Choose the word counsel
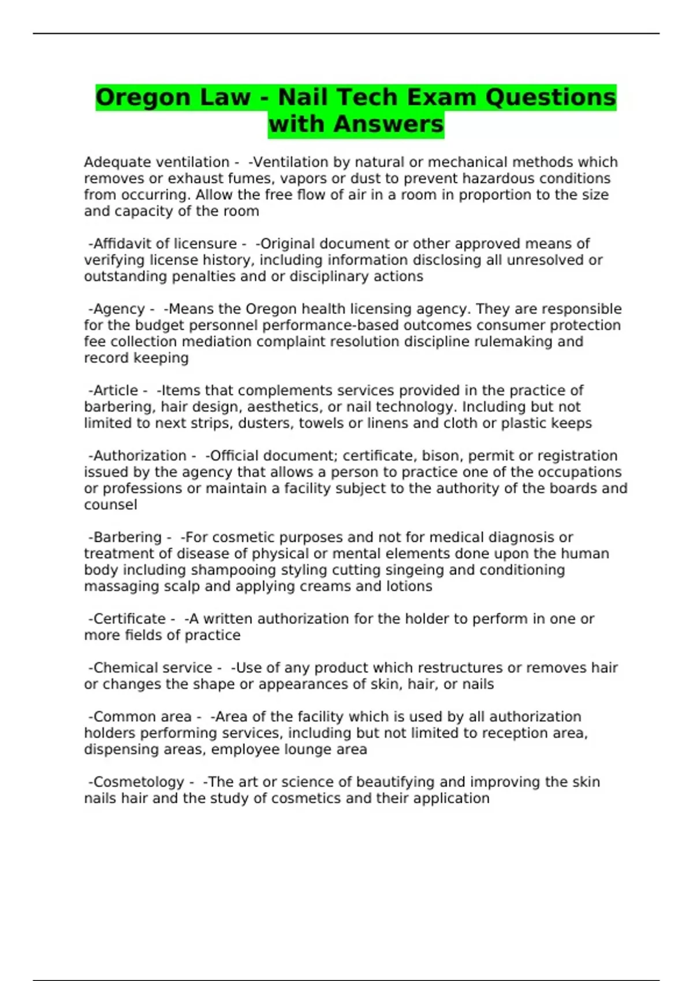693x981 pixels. (110, 505)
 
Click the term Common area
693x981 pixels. (142, 717)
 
